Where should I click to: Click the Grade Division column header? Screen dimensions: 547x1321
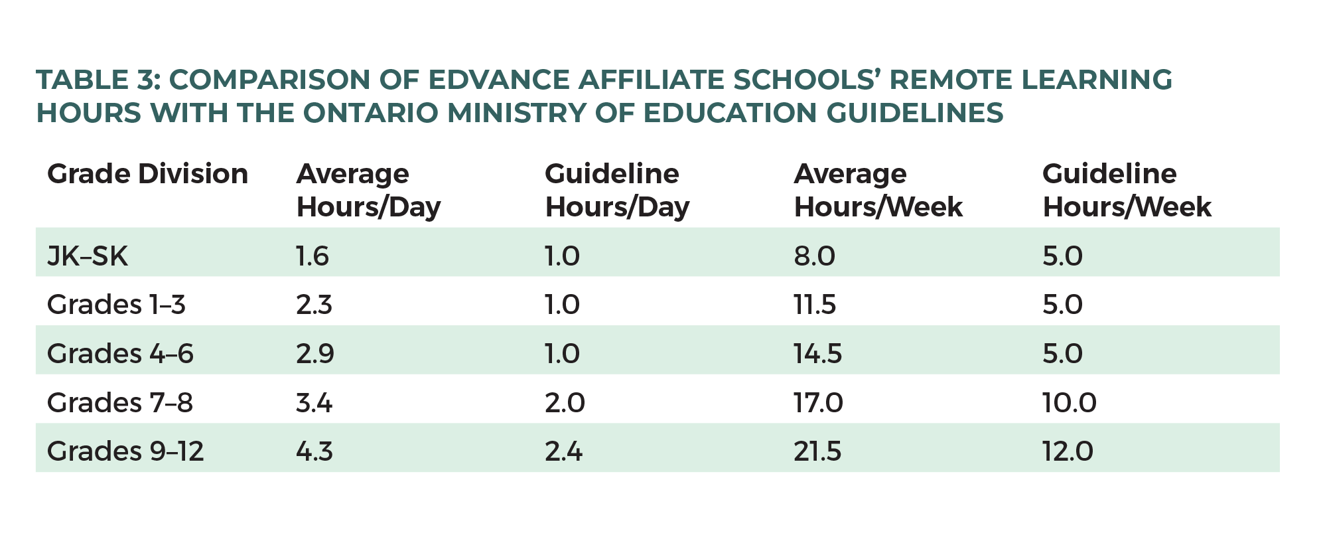pyautogui.click(x=147, y=175)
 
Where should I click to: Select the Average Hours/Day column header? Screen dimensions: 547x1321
pyautogui.click(x=368, y=191)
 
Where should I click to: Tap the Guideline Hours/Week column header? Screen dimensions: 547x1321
pyautogui.click(x=1127, y=191)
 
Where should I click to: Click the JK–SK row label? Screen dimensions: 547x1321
pyautogui.click(x=87, y=256)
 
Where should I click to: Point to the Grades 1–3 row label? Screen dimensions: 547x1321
pyautogui.click(x=116, y=305)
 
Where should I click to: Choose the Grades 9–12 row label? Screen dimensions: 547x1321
pyautogui.click(x=125, y=451)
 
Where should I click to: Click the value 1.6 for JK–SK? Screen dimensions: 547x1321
pyautogui.click(x=313, y=256)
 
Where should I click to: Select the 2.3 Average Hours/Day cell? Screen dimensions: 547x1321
pyautogui.click(x=314, y=305)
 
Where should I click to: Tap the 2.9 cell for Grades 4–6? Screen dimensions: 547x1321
pyautogui.click(x=314, y=353)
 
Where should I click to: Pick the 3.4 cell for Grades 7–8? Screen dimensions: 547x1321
pyautogui.click(x=314, y=402)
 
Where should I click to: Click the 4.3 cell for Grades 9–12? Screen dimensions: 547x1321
pyautogui.click(x=314, y=451)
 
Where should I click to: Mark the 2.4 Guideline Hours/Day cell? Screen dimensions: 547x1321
pyautogui.click(x=563, y=451)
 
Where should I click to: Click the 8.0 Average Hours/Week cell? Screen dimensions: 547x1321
pyautogui.click(x=814, y=256)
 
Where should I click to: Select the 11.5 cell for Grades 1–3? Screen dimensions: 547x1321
pyautogui.click(x=815, y=305)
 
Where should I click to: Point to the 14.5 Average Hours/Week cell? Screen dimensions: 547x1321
pyautogui.click(x=817, y=353)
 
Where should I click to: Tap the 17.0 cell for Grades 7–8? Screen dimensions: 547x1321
pyautogui.click(x=818, y=402)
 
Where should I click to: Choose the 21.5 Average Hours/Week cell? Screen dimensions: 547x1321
pyautogui.click(x=817, y=451)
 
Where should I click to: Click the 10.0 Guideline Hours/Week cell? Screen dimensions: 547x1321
pyautogui.click(x=1069, y=402)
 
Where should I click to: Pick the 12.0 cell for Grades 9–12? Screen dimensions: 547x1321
pyautogui.click(x=1068, y=451)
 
